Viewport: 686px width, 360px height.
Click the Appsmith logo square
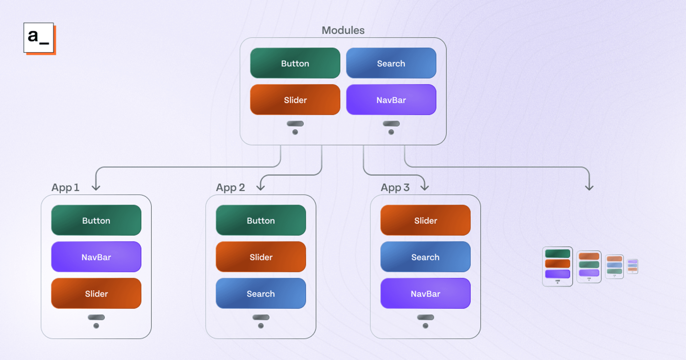[39, 37]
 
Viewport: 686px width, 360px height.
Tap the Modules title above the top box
[343, 30]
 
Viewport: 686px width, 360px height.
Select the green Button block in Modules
[295, 63]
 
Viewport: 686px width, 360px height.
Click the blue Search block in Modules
[391, 63]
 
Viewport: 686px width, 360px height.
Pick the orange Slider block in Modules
[295, 100]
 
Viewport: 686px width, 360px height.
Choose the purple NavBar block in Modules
[391, 100]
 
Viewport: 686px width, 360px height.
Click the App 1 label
[65, 188]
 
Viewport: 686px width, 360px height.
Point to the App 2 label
[230, 188]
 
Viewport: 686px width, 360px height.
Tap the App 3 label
[395, 188]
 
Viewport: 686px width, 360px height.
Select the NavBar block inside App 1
[96, 257]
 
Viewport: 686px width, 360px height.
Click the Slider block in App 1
[96, 293]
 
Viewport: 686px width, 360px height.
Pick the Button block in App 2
[261, 220]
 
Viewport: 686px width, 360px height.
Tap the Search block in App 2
[261, 293]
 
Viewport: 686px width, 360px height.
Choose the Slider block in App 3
[425, 220]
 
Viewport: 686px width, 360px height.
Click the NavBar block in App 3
[425, 293]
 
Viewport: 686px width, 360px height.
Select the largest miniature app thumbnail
[557, 266]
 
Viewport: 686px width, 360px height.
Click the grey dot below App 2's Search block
[261, 326]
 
